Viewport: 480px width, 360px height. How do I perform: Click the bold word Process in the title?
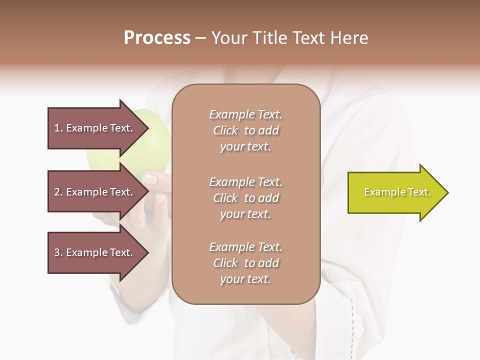click(x=157, y=37)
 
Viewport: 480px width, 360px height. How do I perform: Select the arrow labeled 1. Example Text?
click(x=95, y=128)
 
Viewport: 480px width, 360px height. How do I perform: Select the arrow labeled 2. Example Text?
click(x=95, y=192)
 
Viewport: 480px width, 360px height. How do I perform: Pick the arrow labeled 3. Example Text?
click(x=95, y=252)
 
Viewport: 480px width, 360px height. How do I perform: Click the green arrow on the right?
click(x=390, y=192)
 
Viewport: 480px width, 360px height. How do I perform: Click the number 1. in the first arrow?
click(x=58, y=128)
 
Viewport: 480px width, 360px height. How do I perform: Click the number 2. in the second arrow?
click(x=58, y=192)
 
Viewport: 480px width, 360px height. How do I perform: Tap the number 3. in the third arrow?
click(x=58, y=252)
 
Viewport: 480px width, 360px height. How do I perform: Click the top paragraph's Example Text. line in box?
click(x=245, y=114)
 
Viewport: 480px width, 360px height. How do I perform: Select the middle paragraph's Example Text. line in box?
click(x=245, y=181)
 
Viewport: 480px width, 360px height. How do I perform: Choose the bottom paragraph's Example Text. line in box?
click(x=245, y=247)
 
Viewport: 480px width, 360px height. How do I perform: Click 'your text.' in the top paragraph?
click(x=245, y=146)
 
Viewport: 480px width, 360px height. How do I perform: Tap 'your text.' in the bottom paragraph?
click(x=245, y=279)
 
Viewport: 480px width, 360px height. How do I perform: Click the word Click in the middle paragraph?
click(x=225, y=198)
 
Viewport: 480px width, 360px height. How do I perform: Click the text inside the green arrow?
click(x=397, y=192)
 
